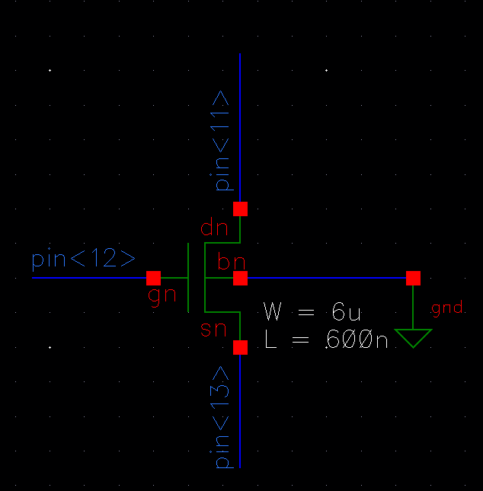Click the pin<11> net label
[x=221, y=142]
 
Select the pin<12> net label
[x=83, y=260]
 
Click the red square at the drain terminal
[x=241, y=209]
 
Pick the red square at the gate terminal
[x=154, y=278]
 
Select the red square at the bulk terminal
[x=241, y=278]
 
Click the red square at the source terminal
[x=241, y=347]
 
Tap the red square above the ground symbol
[x=413, y=278]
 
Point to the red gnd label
[x=447, y=308]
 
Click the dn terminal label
[x=214, y=228]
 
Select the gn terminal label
[x=162, y=295]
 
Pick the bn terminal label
[x=231, y=263]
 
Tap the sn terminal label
[x=214, y=329]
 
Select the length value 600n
[x=357, y=340]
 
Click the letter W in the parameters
[x=273, y=311]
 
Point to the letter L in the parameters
[x=270, y=340]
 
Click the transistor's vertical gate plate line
[x=188, y=278]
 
